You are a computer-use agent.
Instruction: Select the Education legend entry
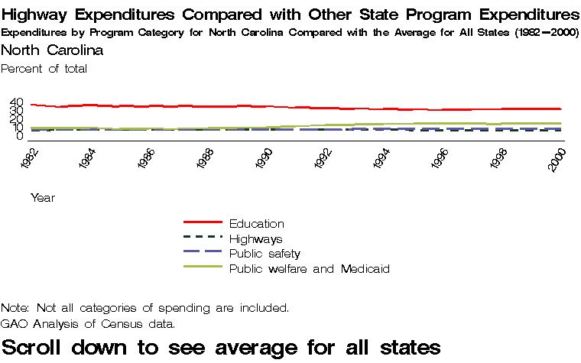[256, 224]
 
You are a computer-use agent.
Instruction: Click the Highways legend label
[255, 239]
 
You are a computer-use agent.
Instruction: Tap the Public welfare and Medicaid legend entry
[310, 269]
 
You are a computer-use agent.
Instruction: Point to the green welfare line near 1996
[441, 123]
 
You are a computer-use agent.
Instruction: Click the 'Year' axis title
[43, 197]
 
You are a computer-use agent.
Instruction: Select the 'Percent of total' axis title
[44, 69]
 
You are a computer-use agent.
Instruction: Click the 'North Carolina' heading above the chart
[52, 50]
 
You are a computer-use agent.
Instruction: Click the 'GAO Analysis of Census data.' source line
[88, 323]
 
